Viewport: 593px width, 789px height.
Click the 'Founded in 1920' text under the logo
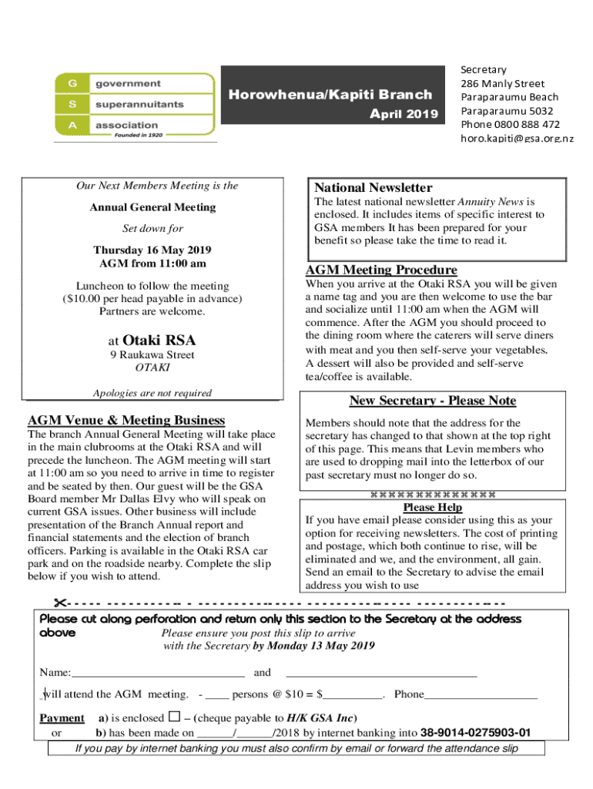(145, 136)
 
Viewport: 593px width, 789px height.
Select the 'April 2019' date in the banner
(404, 114)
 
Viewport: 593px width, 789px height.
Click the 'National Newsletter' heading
(373, 188)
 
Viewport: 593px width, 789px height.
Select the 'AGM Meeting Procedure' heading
(381, 270)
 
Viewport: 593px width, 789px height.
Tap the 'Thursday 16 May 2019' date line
(152, 250)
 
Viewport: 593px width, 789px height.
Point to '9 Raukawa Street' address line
(152, 355)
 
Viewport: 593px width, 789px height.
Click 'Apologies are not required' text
(152, 393)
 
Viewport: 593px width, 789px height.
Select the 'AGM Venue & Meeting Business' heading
(126, 420)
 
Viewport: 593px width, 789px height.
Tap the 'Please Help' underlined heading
(432, 508)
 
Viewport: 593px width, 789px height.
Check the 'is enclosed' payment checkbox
(173, 717)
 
